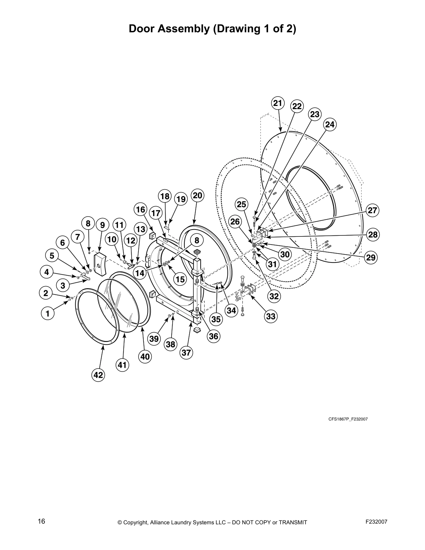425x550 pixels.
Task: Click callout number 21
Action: pos(277,103)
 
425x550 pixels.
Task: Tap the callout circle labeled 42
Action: pos(98,375)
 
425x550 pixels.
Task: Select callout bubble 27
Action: pos(372,210)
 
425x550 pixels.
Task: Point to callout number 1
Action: pos(48,314)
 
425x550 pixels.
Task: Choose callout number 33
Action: pos(270,316)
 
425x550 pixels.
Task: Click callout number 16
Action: pos(140,210)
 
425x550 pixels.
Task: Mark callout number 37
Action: pos(186,353)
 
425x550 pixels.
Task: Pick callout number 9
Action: pos(102,225)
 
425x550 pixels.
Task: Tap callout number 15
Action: pos(180,279)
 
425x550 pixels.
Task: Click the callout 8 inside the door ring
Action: pos(197,240)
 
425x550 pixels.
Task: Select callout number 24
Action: pos(330,124)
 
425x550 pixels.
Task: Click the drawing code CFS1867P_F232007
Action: pos(348,419)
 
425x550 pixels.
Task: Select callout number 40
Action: pos(145,356)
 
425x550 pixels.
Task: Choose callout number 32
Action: pos(274,296)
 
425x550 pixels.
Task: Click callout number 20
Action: pos(197,195)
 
